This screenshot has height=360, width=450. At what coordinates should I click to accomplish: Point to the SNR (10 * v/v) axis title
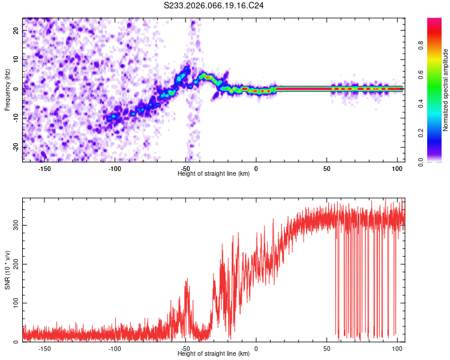coord(7,271)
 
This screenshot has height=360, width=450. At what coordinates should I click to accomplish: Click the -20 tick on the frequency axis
coord(15,147)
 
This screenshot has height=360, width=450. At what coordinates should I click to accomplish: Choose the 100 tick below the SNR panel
coord(397,348)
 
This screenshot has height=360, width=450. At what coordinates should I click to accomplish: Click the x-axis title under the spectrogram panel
coord(214,174)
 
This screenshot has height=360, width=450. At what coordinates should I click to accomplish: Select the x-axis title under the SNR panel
coord(214,354)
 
